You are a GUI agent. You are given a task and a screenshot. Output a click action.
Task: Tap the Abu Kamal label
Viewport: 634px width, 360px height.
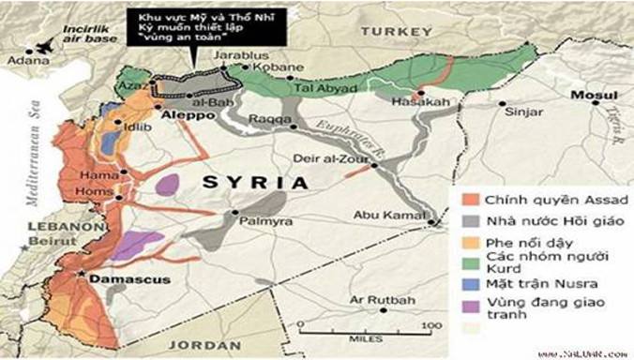(385, 216)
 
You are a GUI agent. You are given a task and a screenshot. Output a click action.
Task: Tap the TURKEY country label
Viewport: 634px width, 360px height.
(394, 30)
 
